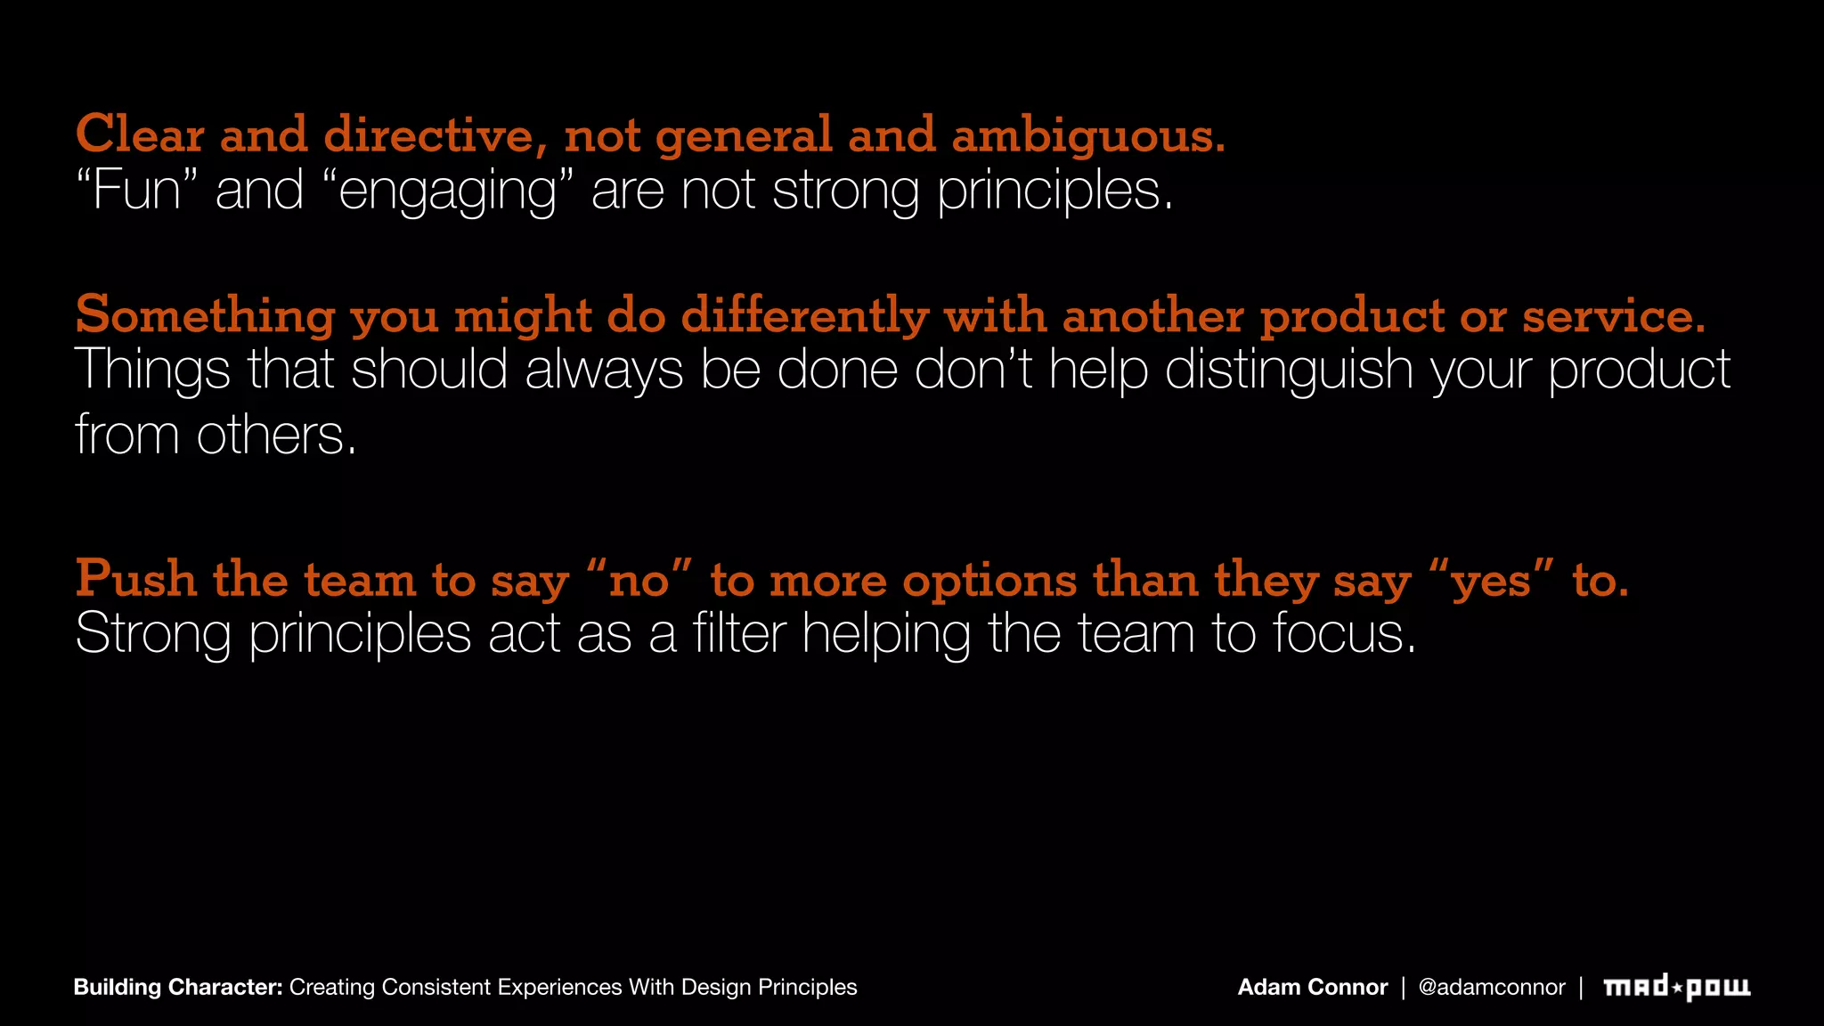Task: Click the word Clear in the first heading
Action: pos(140,135)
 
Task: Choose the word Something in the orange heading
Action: pos(205,316)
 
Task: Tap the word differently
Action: pos(805,316)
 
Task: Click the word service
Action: pos(1613,316)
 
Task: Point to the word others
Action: pos(276,436)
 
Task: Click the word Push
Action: pos(135,580)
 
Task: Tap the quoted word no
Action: pos(639,580)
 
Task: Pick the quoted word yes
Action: pos(1491,580)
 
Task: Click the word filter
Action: pos(739,634)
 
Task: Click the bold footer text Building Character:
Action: pos(178,987)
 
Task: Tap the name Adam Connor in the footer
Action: pos(1312,987)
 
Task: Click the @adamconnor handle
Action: pos(1491,987)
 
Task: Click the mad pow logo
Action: pos(1676,987)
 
